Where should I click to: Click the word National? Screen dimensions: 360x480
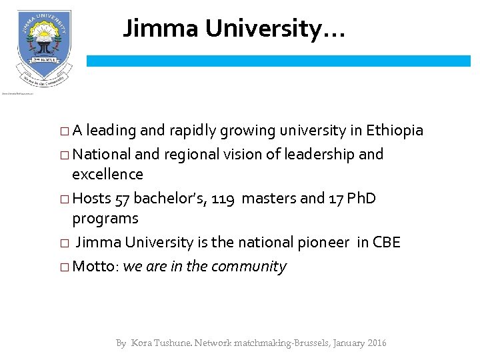click(x=101, y=155)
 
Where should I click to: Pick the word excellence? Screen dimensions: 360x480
click(x=107, y=175)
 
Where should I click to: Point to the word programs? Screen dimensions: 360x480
click(x=105, y=219)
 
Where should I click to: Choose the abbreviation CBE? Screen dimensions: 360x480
click(x=386, y=243)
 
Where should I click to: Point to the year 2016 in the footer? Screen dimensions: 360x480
click(x=375, y=343)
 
